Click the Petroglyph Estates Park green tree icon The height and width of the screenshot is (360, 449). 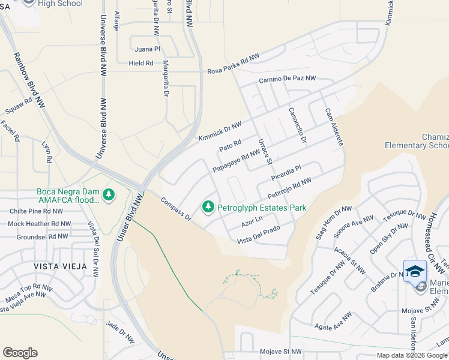pos(208,207)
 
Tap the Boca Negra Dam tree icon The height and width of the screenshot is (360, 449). pos(108,194)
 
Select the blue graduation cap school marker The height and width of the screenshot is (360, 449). pos(415,272)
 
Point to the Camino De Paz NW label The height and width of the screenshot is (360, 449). pos(287,79)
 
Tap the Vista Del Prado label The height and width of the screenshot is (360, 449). pos(259,239)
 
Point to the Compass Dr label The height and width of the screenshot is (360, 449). pos(175,208)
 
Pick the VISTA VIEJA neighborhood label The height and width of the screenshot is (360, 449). pos(60,266)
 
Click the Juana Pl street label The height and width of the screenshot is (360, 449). pos(148,49)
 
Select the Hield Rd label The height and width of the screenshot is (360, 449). pos(140,62)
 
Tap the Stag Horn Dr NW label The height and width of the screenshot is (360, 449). pos(333,223)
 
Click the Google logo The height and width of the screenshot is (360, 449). pos(20,353)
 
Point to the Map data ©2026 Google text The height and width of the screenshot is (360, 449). pos(411,355)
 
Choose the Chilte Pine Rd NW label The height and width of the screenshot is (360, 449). pos(35,211)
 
